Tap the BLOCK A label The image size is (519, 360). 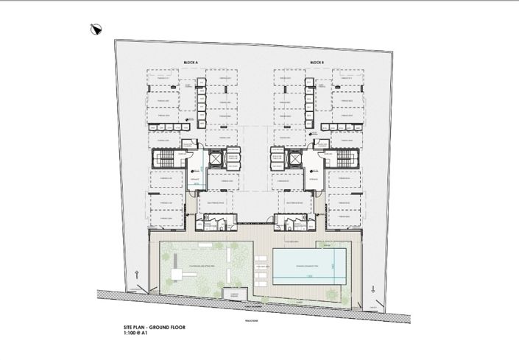coord(191,63)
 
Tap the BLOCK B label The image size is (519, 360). coord(317,63)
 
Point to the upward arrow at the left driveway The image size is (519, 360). coord(137,275)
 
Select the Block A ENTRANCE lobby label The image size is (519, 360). coord(195,178)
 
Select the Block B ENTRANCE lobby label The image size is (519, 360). coord(313,178)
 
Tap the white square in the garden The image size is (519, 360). coord(177,274)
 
